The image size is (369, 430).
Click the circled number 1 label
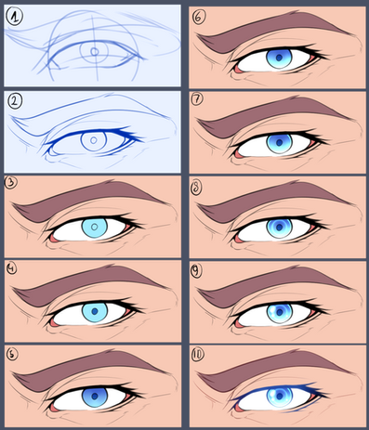[14, 17]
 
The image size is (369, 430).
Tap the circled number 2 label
[15, 101]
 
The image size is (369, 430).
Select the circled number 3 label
[11, 183]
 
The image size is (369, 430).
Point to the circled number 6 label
[198, 18]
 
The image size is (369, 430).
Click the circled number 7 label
[198, 99]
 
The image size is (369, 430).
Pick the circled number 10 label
[198, 355]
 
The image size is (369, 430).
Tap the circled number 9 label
[197, 271]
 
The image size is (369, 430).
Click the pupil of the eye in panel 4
[95, 311]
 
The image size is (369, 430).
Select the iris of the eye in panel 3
[95, 228]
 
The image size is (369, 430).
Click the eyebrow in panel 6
[272, 30]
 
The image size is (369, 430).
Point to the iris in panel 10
[280, 397]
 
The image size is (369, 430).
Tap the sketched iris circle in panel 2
[94, 141]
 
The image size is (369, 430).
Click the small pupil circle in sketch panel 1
[95, 51]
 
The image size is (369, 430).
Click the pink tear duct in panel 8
[238, 239]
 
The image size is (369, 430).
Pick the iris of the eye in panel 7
[279, 143]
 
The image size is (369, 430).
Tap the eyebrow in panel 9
[272, 284]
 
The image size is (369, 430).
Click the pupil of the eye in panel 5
[95, 396]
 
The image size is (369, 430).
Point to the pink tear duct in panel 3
[53, 239]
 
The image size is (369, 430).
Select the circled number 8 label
[196, 188]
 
